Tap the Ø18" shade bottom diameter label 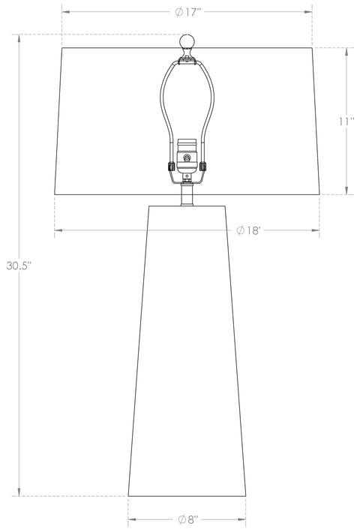(247, 230)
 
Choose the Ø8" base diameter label (187, 519)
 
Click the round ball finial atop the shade (187, 40)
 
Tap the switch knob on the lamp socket (187, 160)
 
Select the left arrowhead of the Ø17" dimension (65, 13)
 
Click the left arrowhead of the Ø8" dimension (132, 519)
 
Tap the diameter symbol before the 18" (240, 230)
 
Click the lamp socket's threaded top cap (187, 141)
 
